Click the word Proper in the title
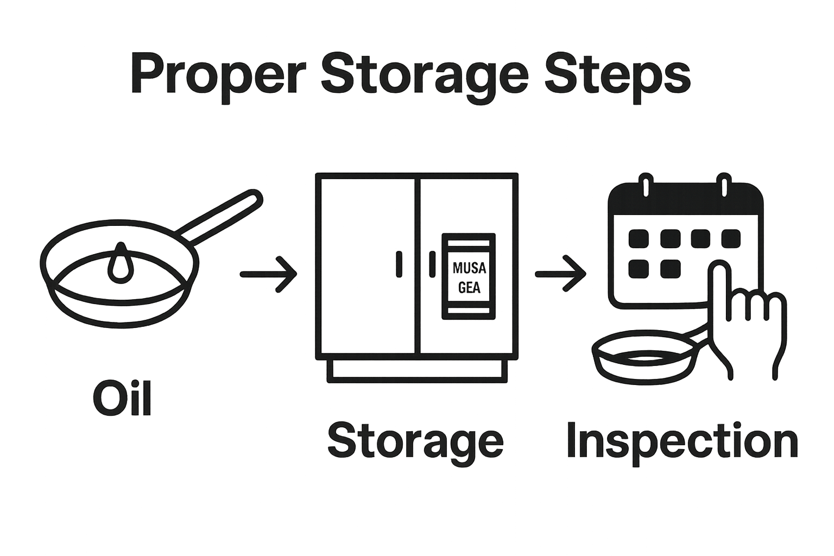point(214,75)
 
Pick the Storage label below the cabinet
point(415,441)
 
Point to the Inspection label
point(682,440)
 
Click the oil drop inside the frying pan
point(120,265)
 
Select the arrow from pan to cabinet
point(268,274)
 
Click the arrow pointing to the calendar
point(560,274)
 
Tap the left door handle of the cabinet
point(399,264)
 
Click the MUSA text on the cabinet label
point(469,268)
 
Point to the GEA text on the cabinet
point(469,287)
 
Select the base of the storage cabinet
point(417,370)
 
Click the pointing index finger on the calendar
point(720,282)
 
